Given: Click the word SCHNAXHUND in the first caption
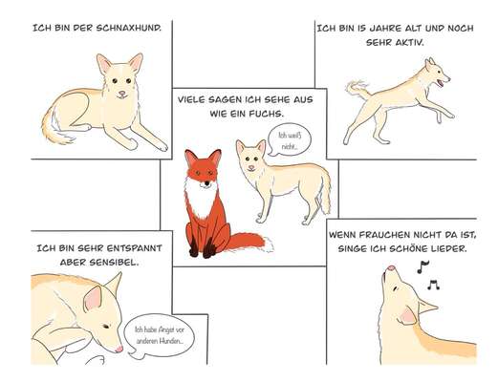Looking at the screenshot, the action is pos(128,28).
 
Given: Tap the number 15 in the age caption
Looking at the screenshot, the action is pos(361,29).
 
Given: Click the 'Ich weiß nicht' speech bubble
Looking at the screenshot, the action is pos(289,140).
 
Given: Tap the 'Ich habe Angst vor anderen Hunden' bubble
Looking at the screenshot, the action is pos(159,336).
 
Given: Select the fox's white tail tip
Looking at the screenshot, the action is pos(269,244).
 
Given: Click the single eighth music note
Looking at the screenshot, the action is pos(422,266).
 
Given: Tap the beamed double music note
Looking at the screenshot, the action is pos(433,285).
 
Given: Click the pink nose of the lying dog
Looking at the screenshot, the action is pos(122,94).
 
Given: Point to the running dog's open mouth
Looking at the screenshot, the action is pos(441,83).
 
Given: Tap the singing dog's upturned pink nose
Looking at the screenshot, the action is pos(391,268).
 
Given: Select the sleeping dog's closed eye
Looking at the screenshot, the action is pos(106,327).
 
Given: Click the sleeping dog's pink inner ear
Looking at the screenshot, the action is pos(93,299).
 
